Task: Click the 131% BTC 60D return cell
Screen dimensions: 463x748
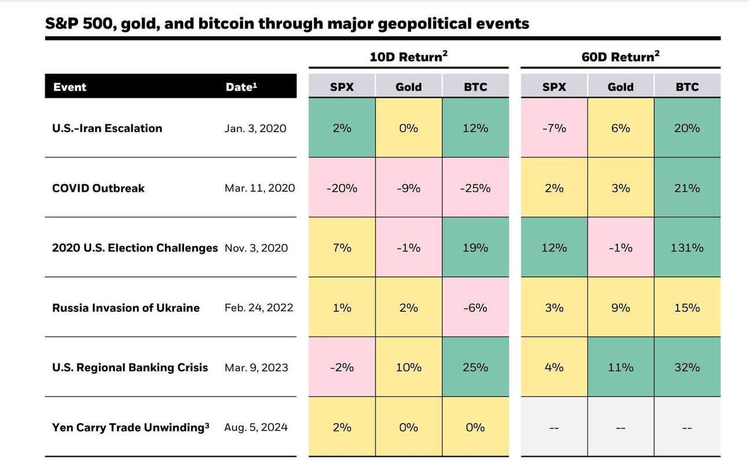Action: (x=687, y=248)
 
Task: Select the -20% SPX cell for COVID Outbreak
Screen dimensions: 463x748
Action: (x=342, y=188)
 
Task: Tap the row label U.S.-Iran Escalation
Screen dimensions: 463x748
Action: (x=107, y=129)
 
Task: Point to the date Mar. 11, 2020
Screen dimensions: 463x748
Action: (x=259, y=188)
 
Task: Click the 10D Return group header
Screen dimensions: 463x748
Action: (x=408, y=57)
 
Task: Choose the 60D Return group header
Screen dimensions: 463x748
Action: (x=620, y=57)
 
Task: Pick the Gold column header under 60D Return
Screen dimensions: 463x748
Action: (x=620, y=88)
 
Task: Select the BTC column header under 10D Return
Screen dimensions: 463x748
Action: (x=475, y=88)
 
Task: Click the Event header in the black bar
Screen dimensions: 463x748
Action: (x=69, y=88)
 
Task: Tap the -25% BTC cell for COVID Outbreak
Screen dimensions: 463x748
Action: (x=475, y=188)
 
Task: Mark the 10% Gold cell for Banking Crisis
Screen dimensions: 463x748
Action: (x=408, y=367)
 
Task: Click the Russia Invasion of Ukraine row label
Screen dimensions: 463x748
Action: (x=126, y=308)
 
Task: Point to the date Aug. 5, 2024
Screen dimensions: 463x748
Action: (x=256, y=428)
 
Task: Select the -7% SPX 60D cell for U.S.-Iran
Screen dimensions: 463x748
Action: (x=554, y=129)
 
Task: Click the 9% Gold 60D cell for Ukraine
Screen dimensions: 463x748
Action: (x=620, y=308)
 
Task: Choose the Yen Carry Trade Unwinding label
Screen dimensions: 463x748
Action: (x=130, y=428)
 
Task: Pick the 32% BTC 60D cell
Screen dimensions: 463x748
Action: (x=687, y=367)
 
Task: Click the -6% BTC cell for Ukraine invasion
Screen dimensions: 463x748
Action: (x=475, y=308)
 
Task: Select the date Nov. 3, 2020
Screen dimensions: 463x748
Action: (x=256, y=248)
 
